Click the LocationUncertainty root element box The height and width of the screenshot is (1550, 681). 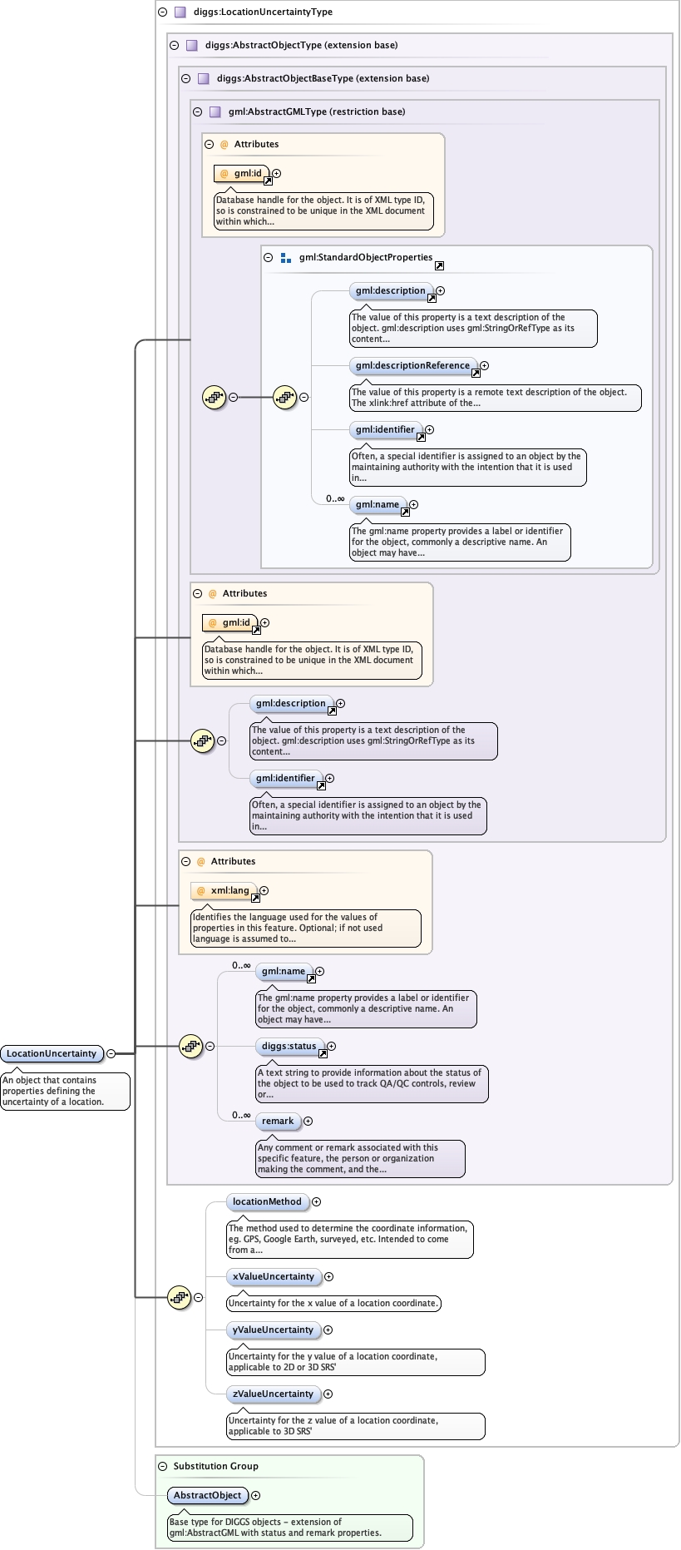click(x=52, y=1053)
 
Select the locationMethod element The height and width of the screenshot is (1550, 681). click(x=267, y=1201)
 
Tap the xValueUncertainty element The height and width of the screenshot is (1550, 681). click(x=274, y=1276)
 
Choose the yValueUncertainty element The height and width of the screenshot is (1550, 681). click(x=273, y=1330)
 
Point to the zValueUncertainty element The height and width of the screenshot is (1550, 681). click(x=273, y=1394)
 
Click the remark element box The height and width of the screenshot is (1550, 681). click(x=278, y=1121)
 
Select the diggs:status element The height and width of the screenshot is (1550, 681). click(x=289, y=1046)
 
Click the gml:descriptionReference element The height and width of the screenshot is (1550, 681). click(x=412, y=365)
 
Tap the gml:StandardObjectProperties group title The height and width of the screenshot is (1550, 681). click(x=366, y=257)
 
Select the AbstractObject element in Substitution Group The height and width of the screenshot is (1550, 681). click(x=207, y=1495)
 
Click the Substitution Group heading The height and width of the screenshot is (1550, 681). click(x=215, y=1466)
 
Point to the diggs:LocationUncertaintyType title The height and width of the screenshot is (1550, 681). click(x=263, y=12)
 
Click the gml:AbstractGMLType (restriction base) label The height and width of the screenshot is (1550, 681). click(x=317, y=111)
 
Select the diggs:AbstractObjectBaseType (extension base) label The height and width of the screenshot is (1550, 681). click(x=323, y=78)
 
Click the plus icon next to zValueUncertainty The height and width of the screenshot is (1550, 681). click(x=328, y=1394)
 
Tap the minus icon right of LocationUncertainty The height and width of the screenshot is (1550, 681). click(x=111, y=1053)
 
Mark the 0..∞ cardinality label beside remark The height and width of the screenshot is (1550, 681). click(x=241, y=1115)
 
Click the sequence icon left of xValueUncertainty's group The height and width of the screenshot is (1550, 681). click(x=179, y=1297)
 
